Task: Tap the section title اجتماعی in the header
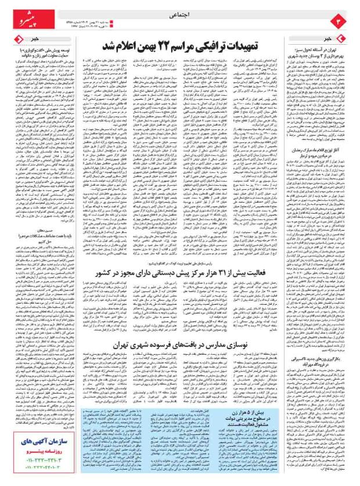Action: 179,18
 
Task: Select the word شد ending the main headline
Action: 111,45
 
